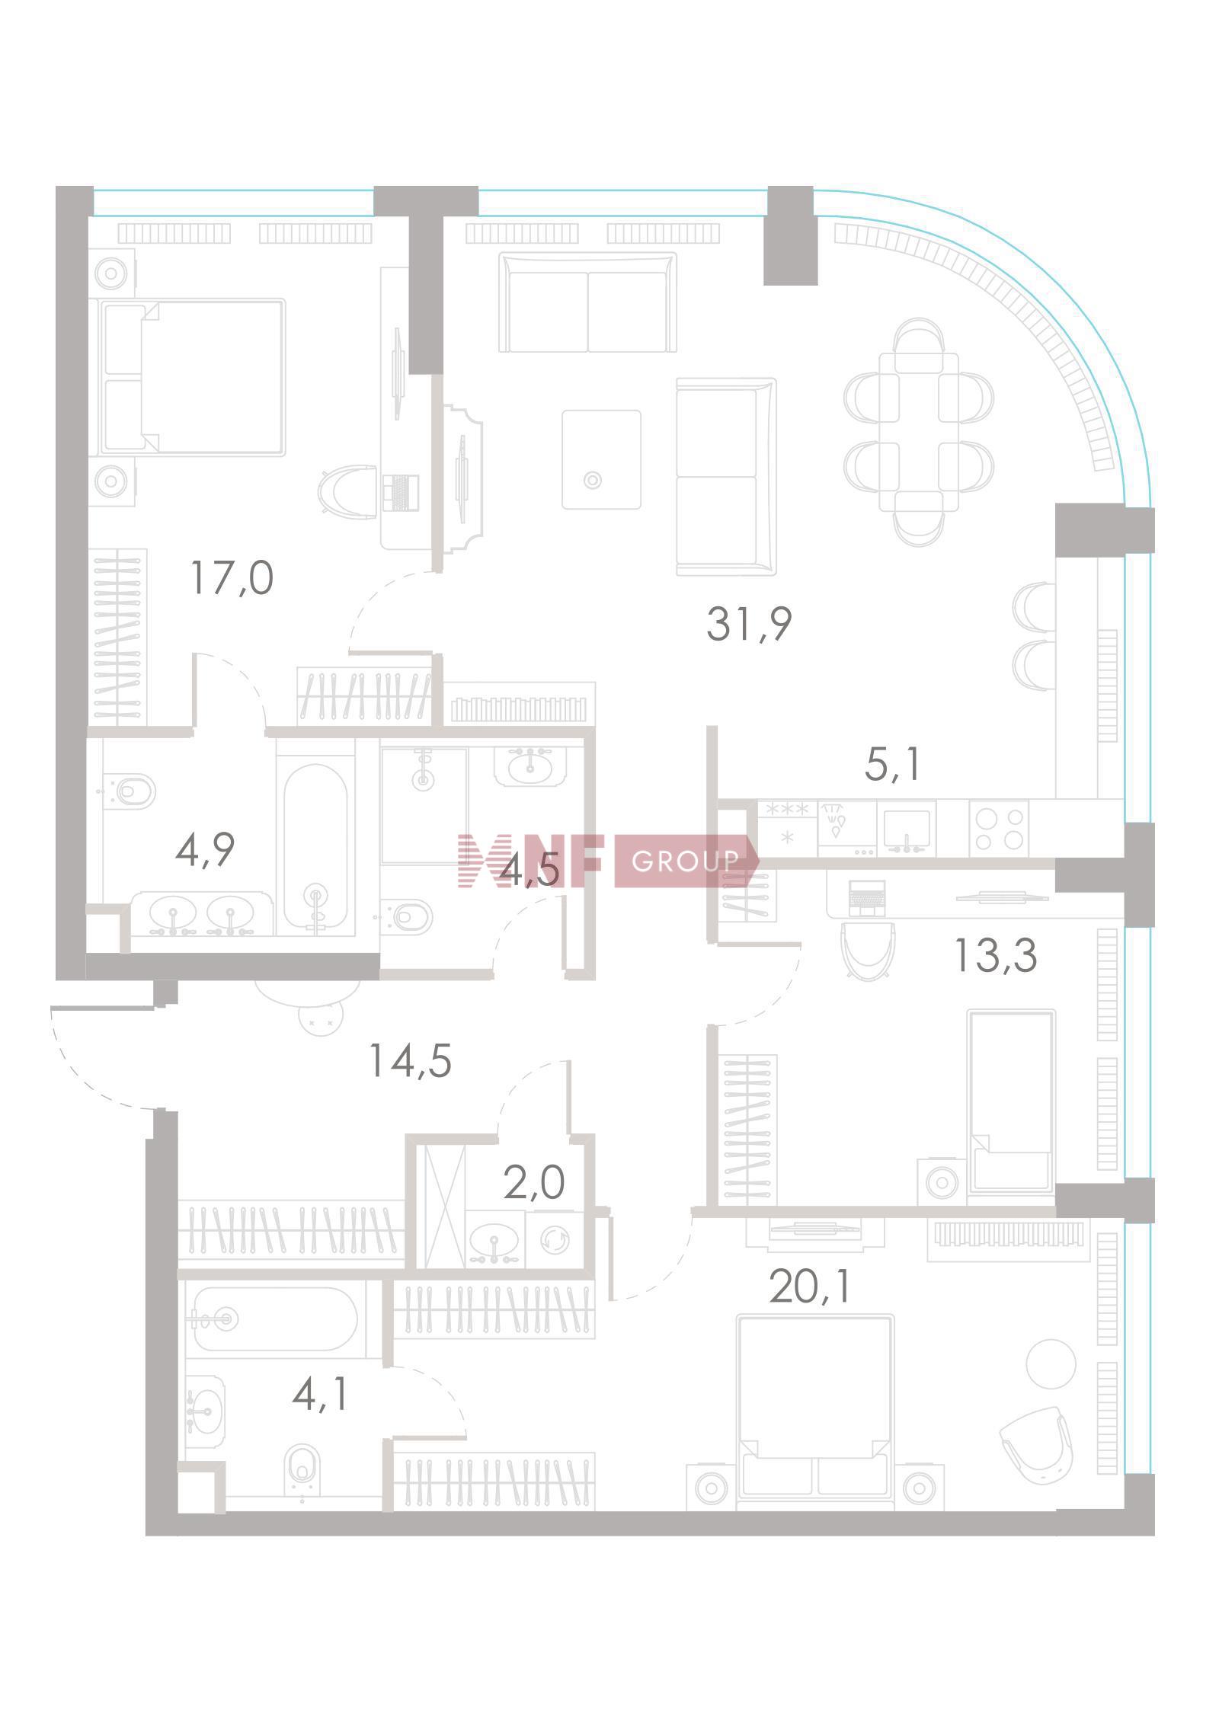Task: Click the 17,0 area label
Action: [x=232, y=578]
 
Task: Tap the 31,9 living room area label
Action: [x=749, y=624]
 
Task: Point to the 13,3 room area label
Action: [x=996, y=955]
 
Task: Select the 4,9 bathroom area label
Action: [x=204, y=849]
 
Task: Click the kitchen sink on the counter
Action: [x=907, y=829]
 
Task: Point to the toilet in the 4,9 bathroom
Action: [x=131, y=791]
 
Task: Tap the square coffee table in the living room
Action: [x=601, y=459]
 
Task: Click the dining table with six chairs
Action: [x=918, y=432]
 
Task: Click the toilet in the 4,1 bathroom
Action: [x=303, y=1468]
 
